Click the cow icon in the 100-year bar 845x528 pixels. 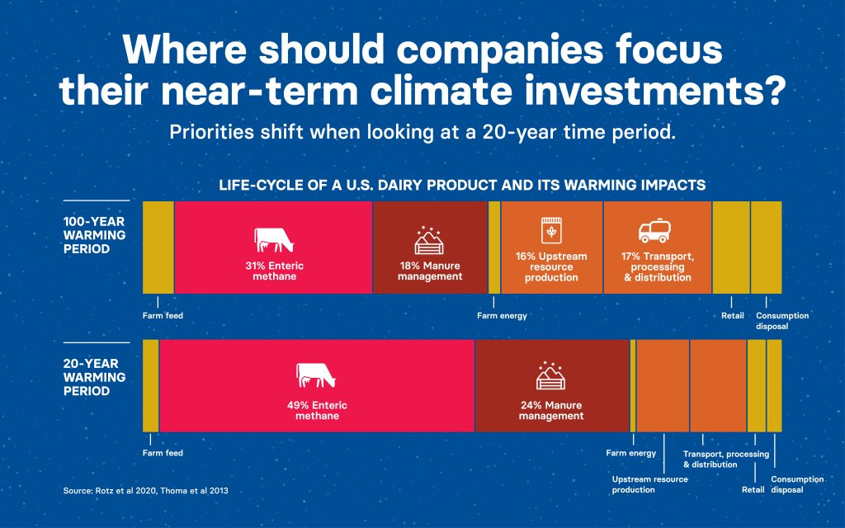[274, 240]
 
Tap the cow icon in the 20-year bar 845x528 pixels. [316, 375]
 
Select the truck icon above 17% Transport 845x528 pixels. [654, 231]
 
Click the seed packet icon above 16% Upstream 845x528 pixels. [550, 231]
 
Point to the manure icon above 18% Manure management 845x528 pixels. [429, 240]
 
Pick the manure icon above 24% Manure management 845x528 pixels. [550, 375]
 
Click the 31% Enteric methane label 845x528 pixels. [274, 271]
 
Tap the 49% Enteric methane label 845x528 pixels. [317, 411]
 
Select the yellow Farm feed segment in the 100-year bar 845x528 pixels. [158, 247]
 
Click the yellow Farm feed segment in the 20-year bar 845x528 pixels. [151, 386]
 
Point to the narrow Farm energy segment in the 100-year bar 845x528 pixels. [494, 247]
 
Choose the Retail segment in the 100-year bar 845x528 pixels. [731, 247]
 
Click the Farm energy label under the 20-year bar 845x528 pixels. [631, 453]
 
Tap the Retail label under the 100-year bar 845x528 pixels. [733, 316]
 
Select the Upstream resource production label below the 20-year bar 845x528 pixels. [650, 484]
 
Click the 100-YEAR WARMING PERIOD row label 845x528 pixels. [94, 235]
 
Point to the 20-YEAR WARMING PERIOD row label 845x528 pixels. [94, 377]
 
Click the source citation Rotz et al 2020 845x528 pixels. [126, 491]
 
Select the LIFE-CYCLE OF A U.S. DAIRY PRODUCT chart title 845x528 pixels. [462, 186]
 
